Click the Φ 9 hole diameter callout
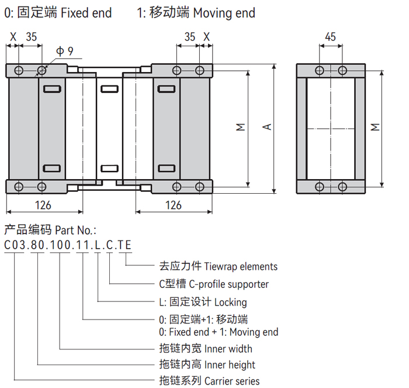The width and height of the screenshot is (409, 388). pyautogui.click(x=64, y=51)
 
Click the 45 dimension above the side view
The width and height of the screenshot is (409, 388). pyautogui.click(x=330, y=36)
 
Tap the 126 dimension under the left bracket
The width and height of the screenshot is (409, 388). pyautogui.click(x=43, y=205)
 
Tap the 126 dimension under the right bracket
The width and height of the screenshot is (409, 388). pyautogui.click(x=174, y=205)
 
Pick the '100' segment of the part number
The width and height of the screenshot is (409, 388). pyautogui.click(x=60, y=246)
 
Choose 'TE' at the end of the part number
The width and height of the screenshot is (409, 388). pyautogui.click(x=124, y=246)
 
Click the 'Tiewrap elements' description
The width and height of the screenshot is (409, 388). pyautogui.click(x=241, y=266)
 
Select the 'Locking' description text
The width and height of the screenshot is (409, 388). pyautogui.click(x=231, y=303)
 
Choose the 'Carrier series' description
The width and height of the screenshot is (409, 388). pyautogui.click(x=232, y=381)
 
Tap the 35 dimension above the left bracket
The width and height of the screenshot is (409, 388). pyautogui.click(x=31, y=36)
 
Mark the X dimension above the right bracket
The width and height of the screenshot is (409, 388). pyautogui.click(x=206, y=36)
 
